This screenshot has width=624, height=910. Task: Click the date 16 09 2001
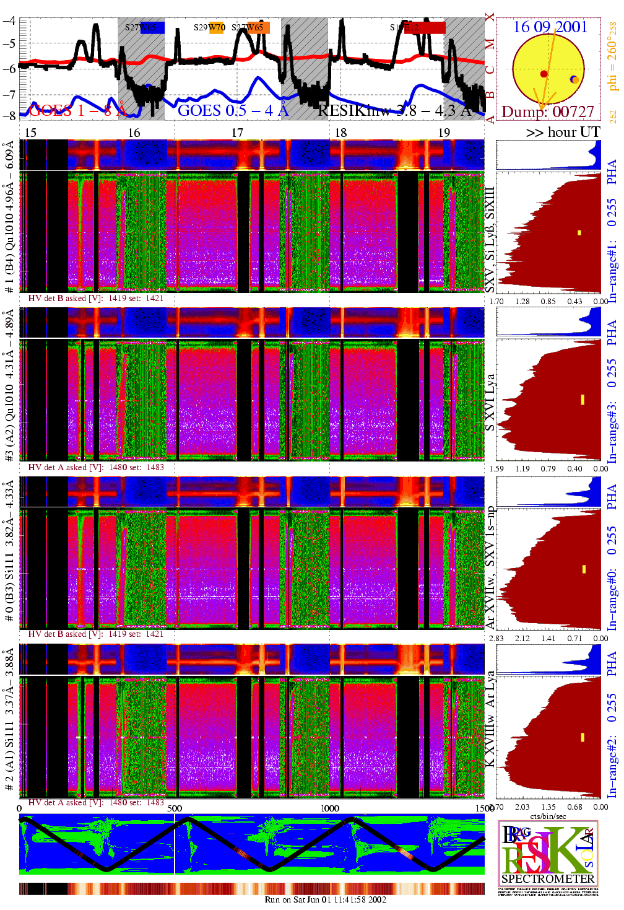tap(550, 27)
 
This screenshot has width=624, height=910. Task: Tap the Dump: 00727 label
tap(547, 112)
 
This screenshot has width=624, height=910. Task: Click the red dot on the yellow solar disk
tap(544, 74)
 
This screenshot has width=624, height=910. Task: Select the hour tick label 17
tap(237, 133)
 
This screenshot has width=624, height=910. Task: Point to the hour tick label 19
tap(444, 133)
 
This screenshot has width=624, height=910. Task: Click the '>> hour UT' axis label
tap(563, 132)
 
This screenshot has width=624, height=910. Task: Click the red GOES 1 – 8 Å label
tap(77, 111)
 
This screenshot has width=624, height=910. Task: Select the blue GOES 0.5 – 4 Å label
tap(233, 111)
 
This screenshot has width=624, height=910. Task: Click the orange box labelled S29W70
tap(216, 27)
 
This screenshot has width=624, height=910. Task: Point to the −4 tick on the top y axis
tap(10, 20)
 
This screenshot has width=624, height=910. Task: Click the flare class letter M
tap(490, 44)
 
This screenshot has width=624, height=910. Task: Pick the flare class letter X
tap(490, 17)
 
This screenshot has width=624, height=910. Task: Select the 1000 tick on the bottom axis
tap(330, 808)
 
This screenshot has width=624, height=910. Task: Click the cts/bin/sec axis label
tap(547, 816)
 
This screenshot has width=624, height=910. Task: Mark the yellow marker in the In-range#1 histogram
tap(579, 233)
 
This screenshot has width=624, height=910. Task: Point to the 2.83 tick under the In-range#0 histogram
tap(496, 638)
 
